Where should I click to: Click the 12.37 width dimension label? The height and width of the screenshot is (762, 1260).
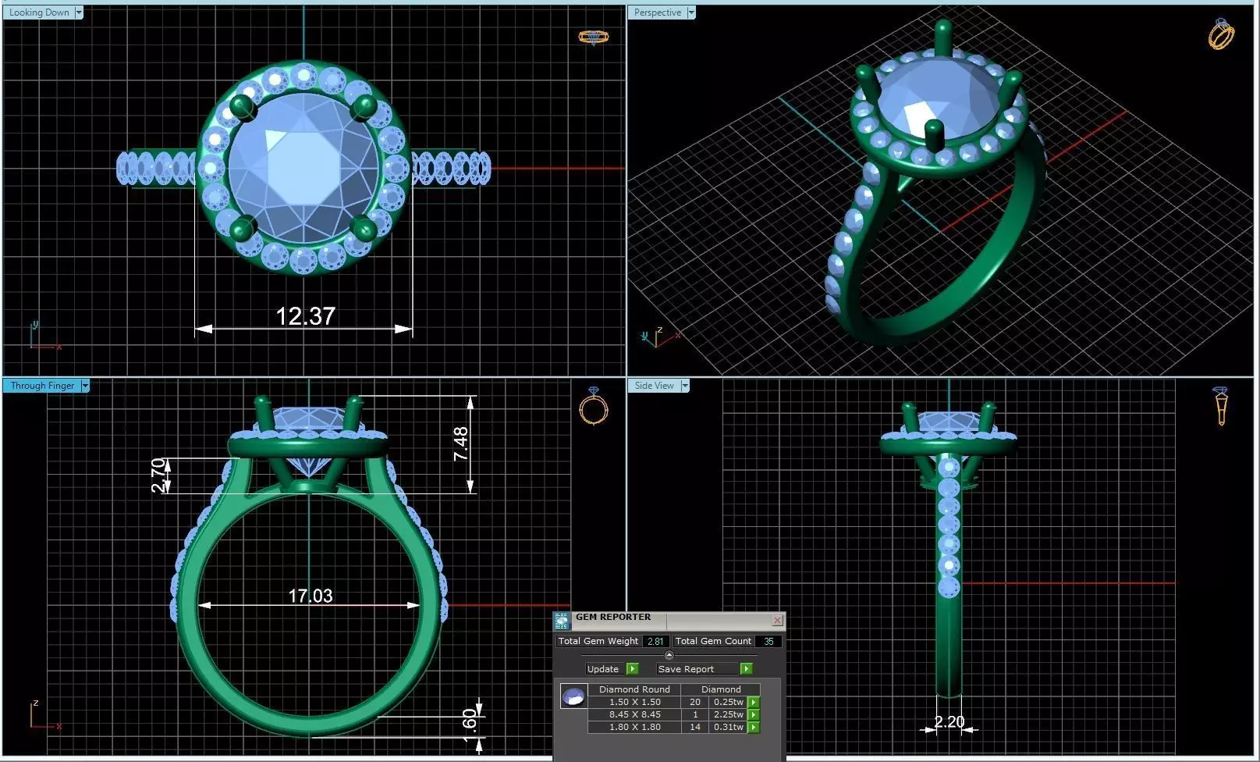pyautogui.click(x=305, y=316)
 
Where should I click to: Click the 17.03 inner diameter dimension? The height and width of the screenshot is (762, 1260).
pyautogui.click(x=311, y=596)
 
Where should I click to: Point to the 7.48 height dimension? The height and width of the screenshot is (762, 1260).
pyautogui.click(x=460, y=443)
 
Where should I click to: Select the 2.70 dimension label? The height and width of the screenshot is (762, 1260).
pyautogui.click(x=158, y=475)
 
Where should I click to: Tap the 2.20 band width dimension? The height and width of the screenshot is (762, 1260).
pyautogui.click(x=949, y=721)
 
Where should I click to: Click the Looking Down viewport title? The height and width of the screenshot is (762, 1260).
pyautogui.click(x=39, y=12)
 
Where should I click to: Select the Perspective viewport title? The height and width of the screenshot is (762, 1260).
pyautogui.click(x=657, y=12)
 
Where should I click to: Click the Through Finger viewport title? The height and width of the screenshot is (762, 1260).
pyautogui.click(x=42, y=386)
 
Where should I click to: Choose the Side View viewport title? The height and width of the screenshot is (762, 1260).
pyautogui.click(x=654, y=386)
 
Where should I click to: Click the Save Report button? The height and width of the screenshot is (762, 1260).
pyautogui.click(x=687, y=669)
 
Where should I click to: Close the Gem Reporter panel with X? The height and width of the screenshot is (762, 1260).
pyautogui.click(x=777, y=620)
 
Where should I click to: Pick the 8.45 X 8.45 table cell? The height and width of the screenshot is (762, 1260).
pyautogui.click(x=634, y=714)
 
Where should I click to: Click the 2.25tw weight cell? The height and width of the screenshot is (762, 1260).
pyautogui.click(x=728, y=714)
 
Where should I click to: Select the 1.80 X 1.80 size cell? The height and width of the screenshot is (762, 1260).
pyautogui.click(x=634, y=727)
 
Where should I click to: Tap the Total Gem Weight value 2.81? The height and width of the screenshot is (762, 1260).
pyautogui.click(x=655, y=642)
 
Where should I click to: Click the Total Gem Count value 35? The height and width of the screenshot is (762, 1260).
pyautogui.click(x=768, y=642)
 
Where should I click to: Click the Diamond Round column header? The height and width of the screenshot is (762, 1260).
pyautogui.click(x=634, y=689)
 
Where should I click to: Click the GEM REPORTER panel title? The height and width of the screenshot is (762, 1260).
pyautogui.click(x=613, y=617)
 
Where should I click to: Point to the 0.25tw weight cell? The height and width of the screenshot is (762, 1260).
pyautogui.click(x=728, y=702)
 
